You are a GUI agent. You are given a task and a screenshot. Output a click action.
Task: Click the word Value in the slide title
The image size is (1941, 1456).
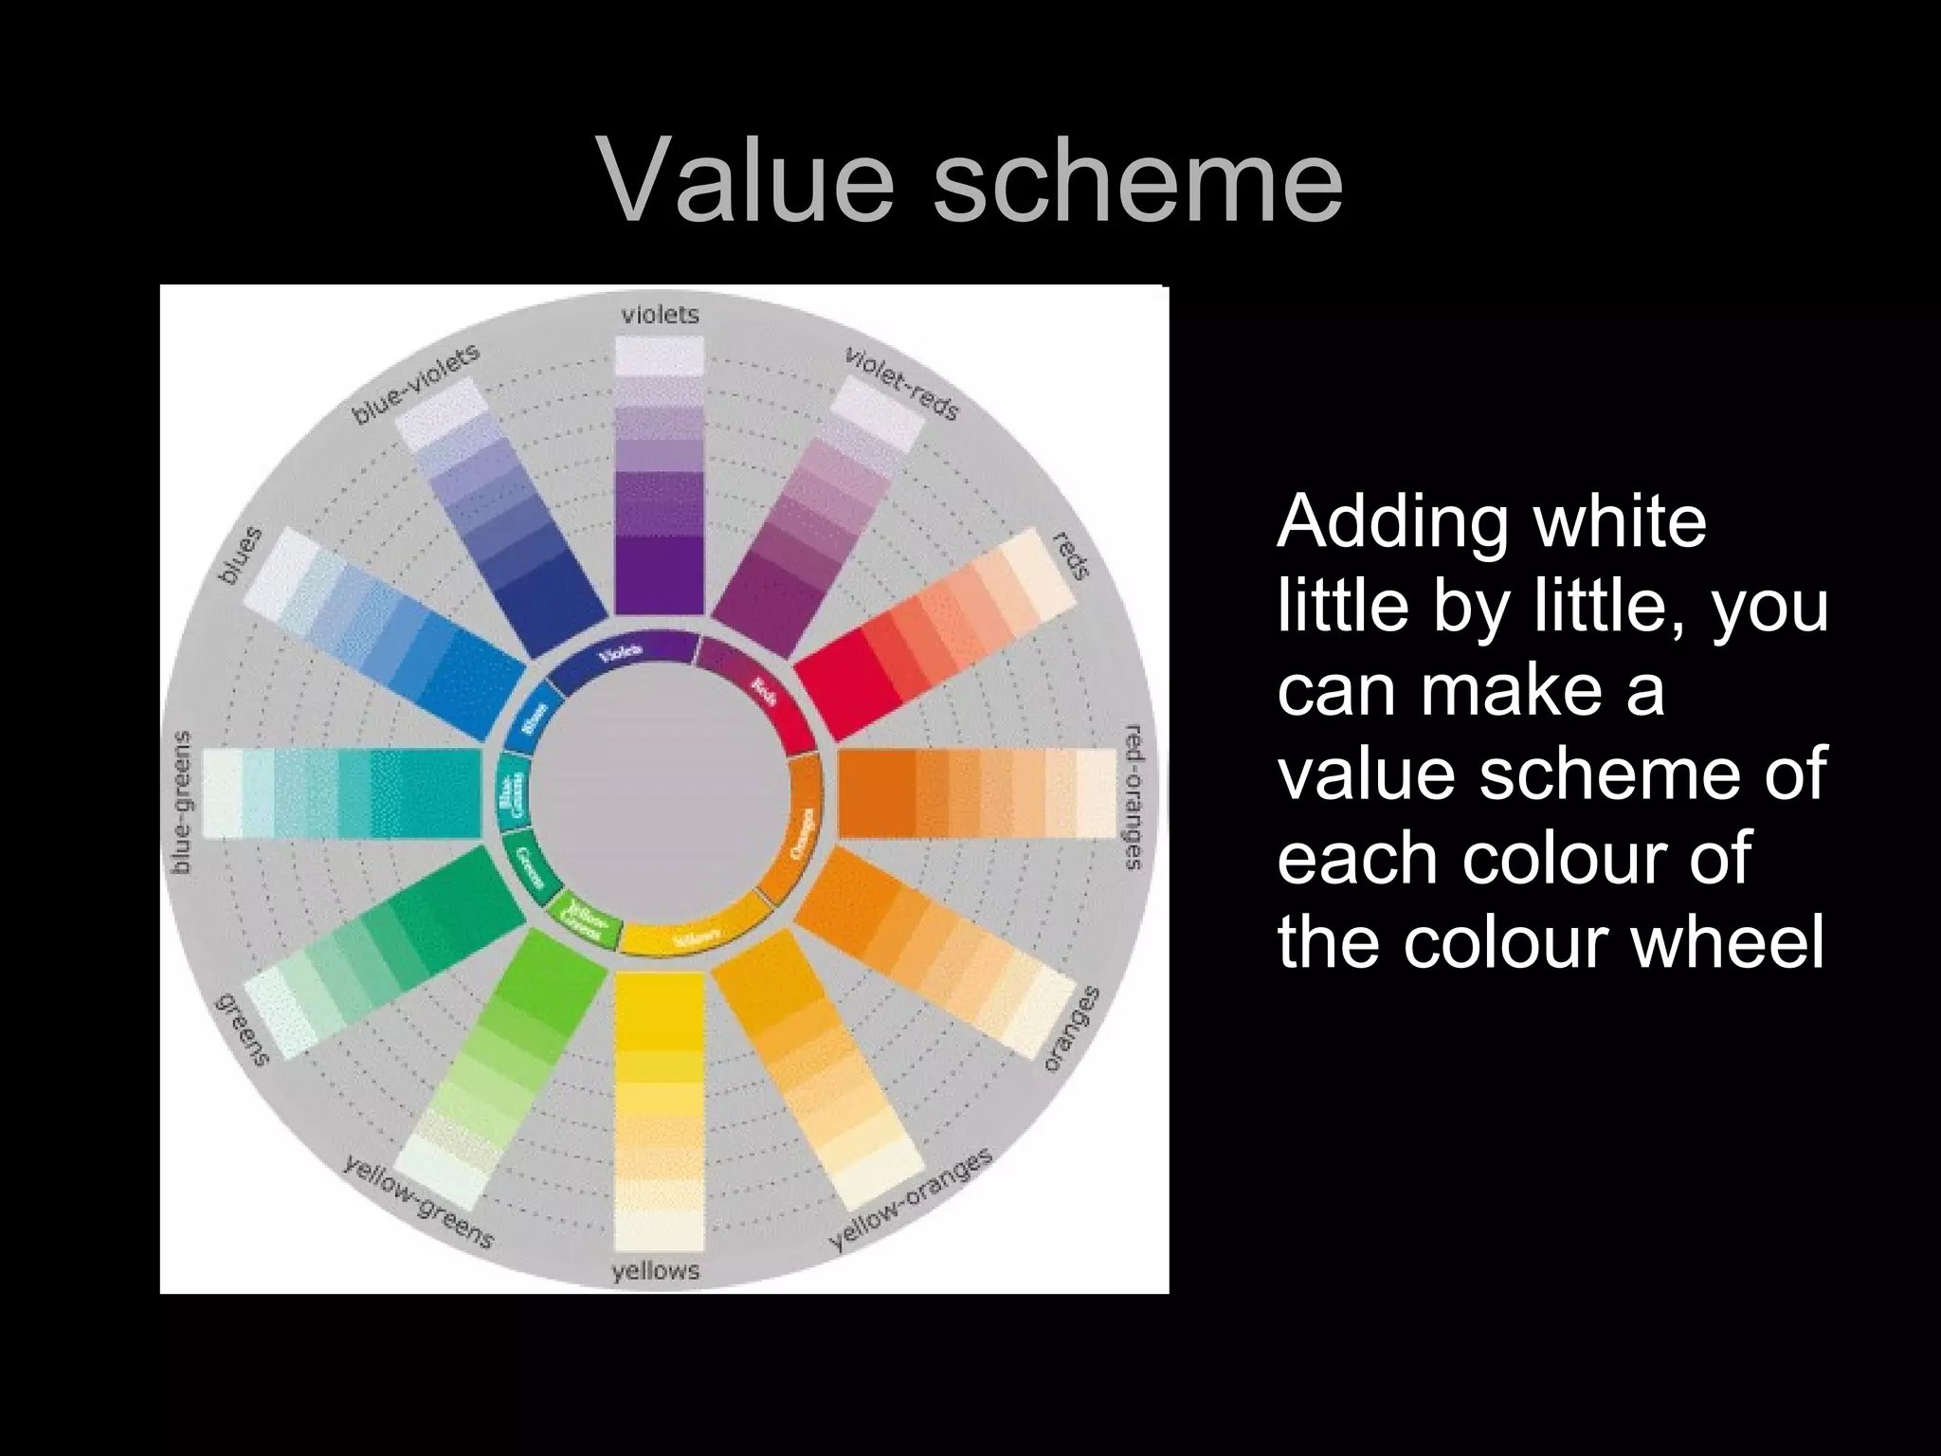(748, 179)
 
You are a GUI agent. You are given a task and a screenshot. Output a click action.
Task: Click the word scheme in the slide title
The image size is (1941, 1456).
(1137, 179)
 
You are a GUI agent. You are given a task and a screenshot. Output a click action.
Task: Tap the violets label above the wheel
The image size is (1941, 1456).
(661, 315)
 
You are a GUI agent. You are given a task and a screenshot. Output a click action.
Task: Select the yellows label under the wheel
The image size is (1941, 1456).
(656, 1270)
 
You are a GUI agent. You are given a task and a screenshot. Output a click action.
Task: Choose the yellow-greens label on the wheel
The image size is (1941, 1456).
(418, 1202)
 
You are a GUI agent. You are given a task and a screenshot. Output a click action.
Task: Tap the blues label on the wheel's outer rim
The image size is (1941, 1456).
(238, 557)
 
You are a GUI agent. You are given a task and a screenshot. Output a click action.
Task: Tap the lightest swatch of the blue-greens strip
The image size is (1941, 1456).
(223, 793)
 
